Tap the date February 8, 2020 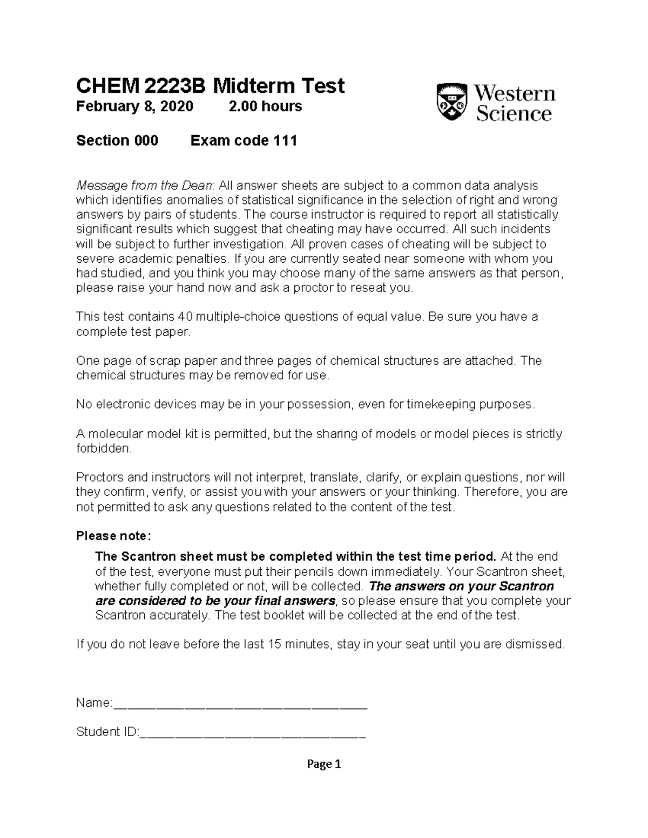[134, 106]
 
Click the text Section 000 [117, 141]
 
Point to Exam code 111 [244, 141]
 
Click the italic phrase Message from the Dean [145, 186]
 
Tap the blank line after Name [240, 704]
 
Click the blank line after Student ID [252, 733]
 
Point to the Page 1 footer [324, 764]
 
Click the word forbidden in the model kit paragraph [103, 448]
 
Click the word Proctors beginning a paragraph [100, 478]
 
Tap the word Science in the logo [514, 114]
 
